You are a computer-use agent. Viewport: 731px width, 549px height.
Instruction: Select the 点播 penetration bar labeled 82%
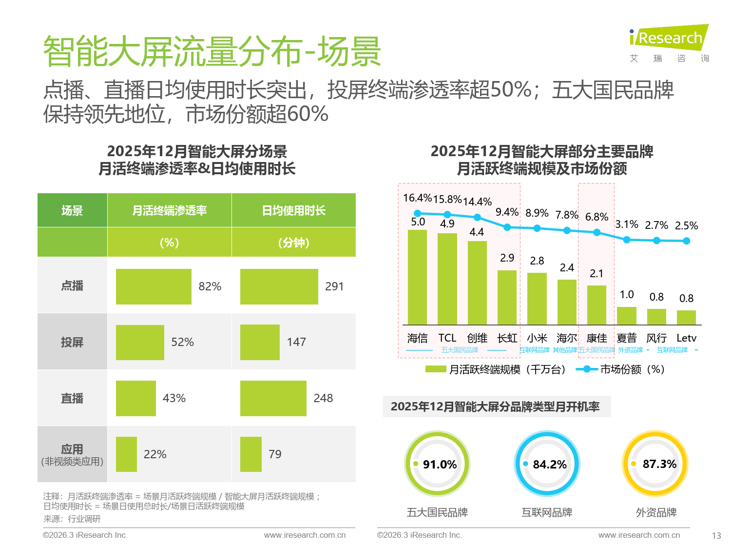[154, 286]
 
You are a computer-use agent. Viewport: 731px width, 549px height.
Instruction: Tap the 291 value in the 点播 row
[334, 286]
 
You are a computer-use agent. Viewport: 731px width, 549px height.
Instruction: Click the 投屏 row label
[72, 342]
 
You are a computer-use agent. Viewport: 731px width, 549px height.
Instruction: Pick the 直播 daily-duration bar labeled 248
[273, 398]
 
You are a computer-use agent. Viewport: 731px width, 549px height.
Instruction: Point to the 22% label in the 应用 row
[155, 454]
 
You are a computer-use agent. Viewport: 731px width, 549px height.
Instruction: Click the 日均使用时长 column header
[293, 210]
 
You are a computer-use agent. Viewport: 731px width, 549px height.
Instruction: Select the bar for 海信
[417, 277]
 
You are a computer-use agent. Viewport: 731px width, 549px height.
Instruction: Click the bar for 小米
[537, 299]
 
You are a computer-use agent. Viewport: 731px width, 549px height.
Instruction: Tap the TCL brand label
[447, 338]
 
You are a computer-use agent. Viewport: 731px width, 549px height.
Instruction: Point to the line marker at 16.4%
[417, 213]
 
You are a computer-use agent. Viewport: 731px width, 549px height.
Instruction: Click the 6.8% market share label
[596, 217]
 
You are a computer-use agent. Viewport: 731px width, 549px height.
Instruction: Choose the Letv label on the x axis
[686, 338]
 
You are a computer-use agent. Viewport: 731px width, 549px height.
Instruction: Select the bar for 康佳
[596, 305]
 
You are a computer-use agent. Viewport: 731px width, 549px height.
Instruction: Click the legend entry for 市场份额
[621, 369]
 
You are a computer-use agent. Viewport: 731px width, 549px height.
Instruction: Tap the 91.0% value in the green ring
[440, 464]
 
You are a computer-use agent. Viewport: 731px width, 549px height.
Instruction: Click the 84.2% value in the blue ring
[550, 464]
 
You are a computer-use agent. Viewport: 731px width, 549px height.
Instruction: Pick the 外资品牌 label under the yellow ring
[656, 512]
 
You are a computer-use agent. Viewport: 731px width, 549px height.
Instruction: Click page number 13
[716, 535]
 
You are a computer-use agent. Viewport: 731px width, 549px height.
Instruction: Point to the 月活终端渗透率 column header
[169, 210]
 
